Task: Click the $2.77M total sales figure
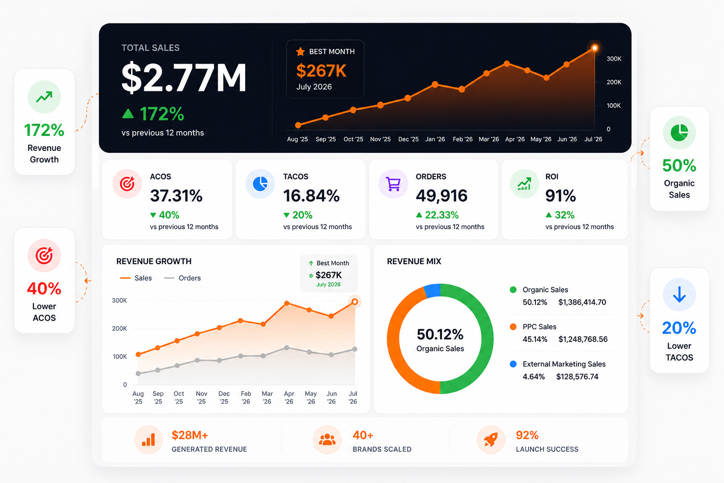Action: point(184,78)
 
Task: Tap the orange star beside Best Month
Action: point(300,51)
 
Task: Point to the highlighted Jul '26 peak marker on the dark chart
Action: point(594,48)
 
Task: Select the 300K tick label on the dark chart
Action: point(614,59)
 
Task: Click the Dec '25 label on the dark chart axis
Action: point(408,139)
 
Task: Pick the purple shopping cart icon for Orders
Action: point(394,184)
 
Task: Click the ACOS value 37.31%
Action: point(176,196)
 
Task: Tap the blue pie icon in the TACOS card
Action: point(260,184)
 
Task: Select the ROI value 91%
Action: point(560,196)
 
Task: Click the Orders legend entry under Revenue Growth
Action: point(182,278)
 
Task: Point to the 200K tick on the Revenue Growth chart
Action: point(119,328)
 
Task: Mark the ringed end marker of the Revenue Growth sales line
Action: point(354,302)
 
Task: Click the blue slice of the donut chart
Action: point(432,291)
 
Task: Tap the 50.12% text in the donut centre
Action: point(440,334)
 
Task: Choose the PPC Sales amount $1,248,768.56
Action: point(583,339)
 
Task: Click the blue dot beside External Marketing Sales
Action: point(513,364)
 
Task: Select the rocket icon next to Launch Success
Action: point(491,440)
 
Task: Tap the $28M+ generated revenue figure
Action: point(190,435)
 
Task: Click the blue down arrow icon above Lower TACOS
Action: point(679,294)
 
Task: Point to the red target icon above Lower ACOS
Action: point(44,256)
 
